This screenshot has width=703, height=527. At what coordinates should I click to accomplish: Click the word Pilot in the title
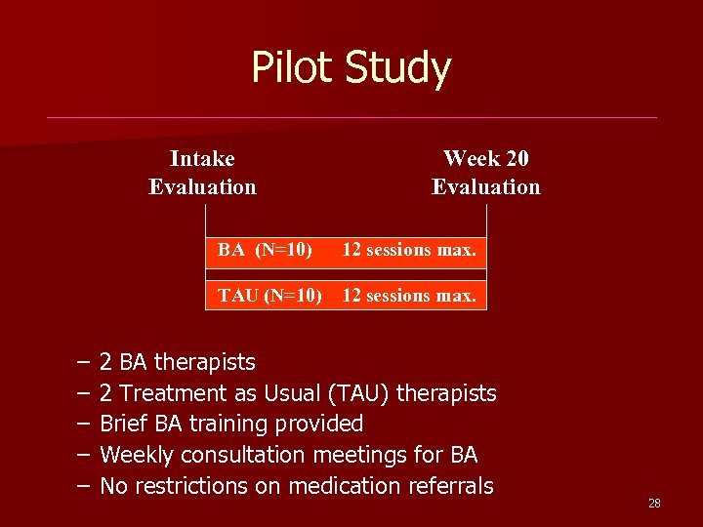tap(293, 68)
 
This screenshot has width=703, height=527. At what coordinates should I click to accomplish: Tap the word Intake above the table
tap(202, 158)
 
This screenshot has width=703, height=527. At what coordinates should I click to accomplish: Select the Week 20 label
tap(486, 158)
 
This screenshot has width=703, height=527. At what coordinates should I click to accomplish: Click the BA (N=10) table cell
tap(266, 250)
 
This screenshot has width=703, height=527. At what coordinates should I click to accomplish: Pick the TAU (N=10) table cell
tap(269, 295)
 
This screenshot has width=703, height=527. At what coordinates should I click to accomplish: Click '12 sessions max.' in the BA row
tap(409, 250)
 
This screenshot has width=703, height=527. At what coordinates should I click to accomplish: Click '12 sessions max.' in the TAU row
tap(409, 295)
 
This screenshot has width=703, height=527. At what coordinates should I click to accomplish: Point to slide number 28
tap(654, 504)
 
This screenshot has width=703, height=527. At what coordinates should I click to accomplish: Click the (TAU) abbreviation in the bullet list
tap(367, 393)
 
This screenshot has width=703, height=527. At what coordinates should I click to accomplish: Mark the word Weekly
tap(137, 455)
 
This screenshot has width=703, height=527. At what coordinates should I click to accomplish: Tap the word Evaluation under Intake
tap(202, 186)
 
